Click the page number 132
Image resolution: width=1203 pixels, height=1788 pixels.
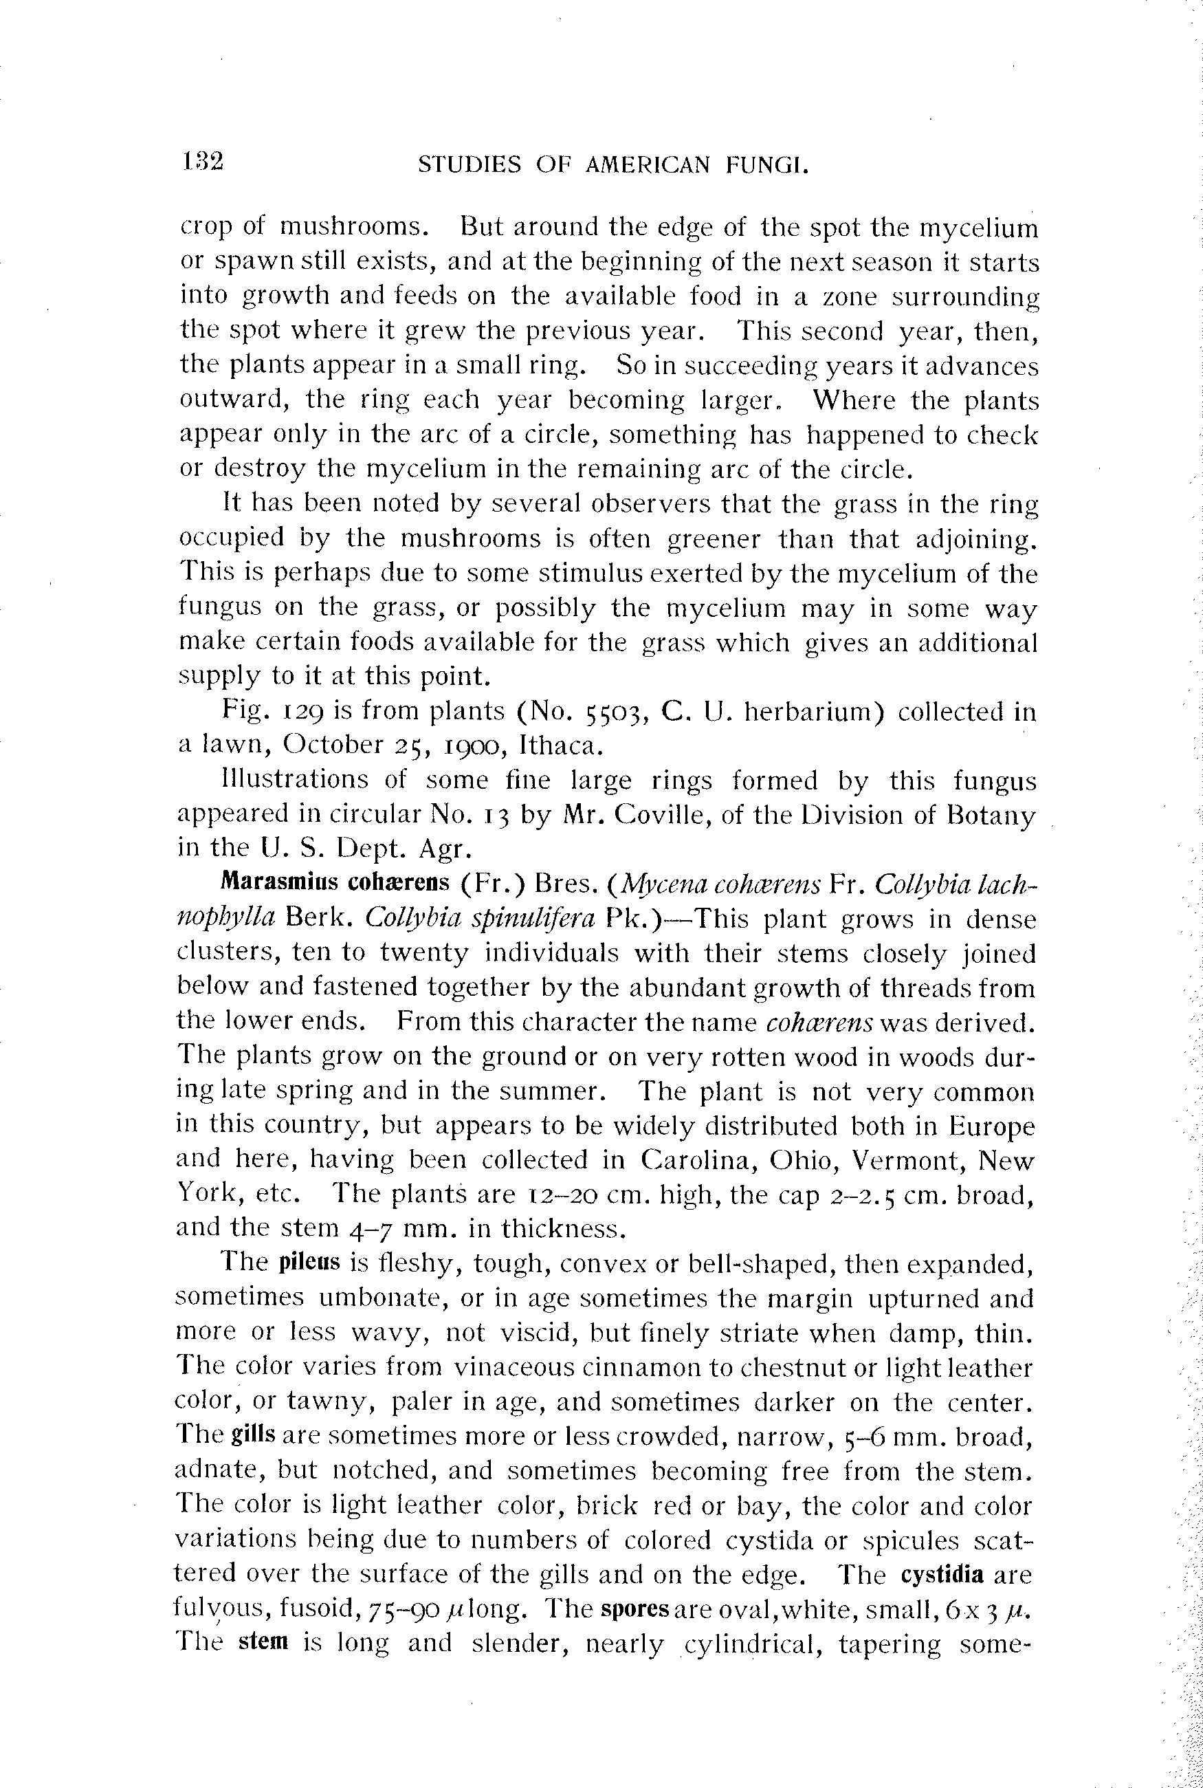point(203,162)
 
